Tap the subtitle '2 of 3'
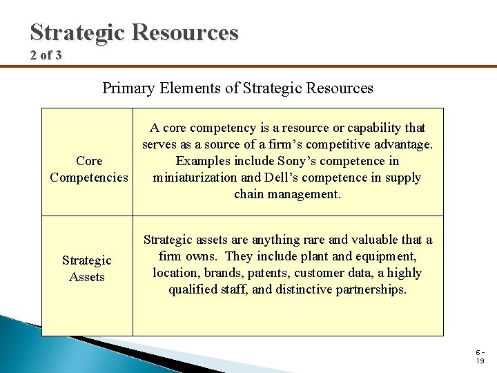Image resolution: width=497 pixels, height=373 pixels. [46, 55]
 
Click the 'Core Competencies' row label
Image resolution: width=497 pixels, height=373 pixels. [89, 169]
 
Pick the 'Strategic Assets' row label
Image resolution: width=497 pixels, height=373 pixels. [86, 269]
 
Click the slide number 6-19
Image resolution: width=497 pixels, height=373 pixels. [479, 356]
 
